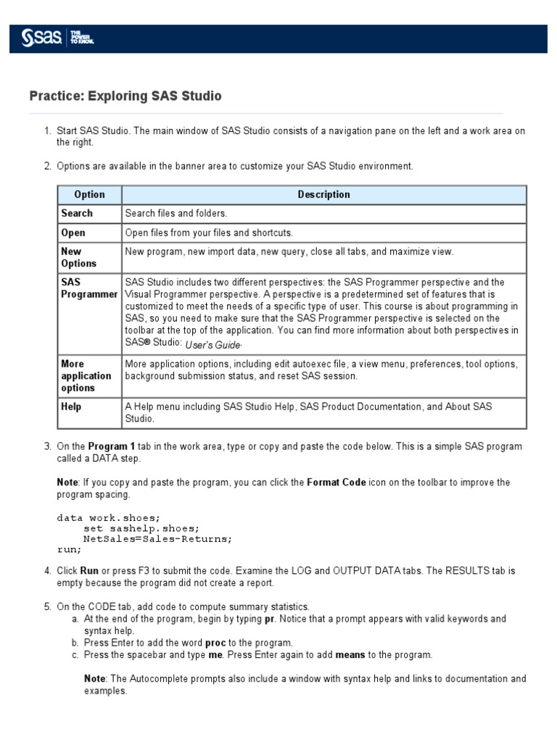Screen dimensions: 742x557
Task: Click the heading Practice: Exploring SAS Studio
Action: click(x=125, y=96)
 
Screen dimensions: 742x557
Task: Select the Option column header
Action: click(x=89, y=194)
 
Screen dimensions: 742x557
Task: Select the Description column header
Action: click(x=323, y=194)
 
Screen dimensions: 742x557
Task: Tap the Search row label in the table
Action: click(x=77, y=213)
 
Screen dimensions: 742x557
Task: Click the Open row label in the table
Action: click(x=73, y=233)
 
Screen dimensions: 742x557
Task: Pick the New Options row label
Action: click(x=78, y=257)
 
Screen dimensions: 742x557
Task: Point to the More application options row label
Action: click(x=86, y=375)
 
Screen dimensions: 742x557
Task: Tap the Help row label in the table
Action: click(x=71, y=407)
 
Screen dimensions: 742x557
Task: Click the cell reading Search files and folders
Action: click(x=176, y=213)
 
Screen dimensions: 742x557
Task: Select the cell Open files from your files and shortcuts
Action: click(x=208, y=233)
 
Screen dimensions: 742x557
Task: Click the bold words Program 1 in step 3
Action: click(x=110, y=446)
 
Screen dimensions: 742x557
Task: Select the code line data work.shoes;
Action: click(x=108, y=518)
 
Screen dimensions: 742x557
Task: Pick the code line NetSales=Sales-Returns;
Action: click(x=158, y=538)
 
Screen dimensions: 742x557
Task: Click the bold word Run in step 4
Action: click(x=89, y=570)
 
